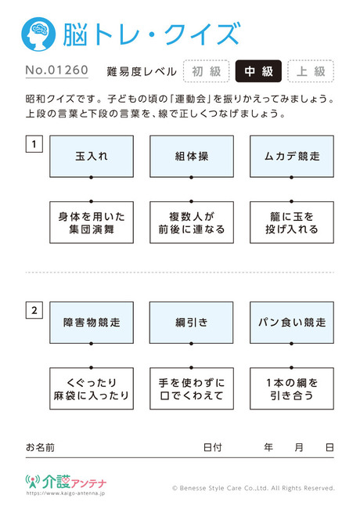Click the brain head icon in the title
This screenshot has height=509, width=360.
point(38,34)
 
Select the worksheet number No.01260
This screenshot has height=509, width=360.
point(57,70)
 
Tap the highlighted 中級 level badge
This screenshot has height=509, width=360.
point(258,71)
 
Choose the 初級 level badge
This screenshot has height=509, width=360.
point(207,71)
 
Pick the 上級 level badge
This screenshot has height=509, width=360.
point(311,71)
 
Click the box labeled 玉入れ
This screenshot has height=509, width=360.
point(92,157)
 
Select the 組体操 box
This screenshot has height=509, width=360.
point(192,157)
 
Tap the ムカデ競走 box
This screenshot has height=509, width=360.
point(292,157)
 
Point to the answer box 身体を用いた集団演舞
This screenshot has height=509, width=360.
point(92,222)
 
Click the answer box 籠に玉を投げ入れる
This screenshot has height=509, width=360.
point(292,222)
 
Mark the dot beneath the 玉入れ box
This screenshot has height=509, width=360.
point(91,178)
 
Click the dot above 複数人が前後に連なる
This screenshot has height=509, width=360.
point(192,201)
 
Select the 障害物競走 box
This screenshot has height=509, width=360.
point(92,323)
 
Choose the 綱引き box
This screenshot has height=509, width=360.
point(192,323)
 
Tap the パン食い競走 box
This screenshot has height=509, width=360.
point(292,323)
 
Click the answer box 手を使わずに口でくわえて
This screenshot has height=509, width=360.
point(192,388)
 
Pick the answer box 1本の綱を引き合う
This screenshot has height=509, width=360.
point(292,388)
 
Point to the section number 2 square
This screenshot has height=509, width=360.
point(34,311)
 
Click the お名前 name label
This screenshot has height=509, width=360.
point(40,448)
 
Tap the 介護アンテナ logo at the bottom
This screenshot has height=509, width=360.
point(66,482)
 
